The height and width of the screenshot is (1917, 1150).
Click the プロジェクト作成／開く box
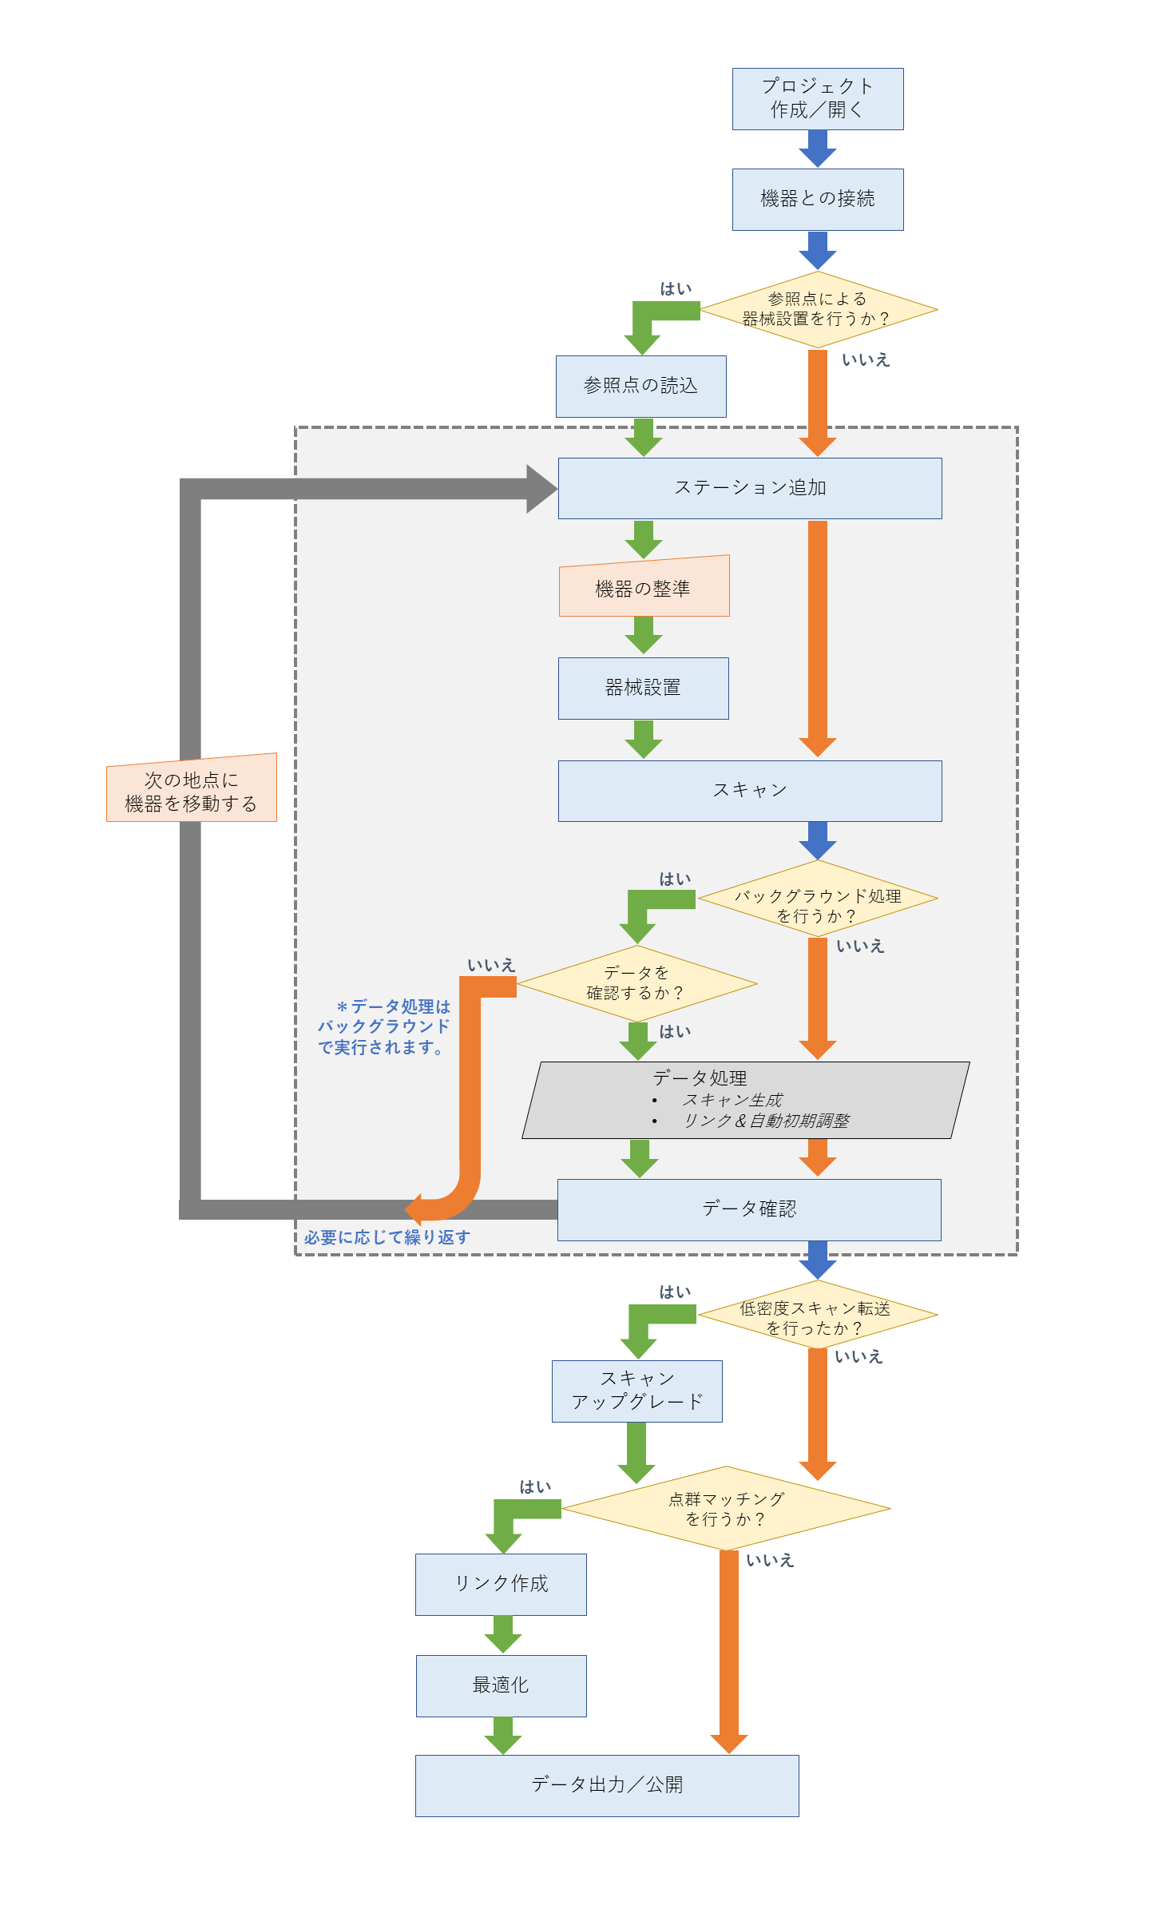[x=818, y=99]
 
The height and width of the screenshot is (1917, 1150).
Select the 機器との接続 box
[x=818, y=200]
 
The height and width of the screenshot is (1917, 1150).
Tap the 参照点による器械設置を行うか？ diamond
[x=818, y=310]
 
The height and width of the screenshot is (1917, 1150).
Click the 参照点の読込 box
[x=640, y=387]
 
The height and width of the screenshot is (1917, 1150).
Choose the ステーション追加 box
[x=749, y=488]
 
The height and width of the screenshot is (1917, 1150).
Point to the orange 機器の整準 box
[x=644, y=588]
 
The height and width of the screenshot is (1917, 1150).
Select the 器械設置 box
[x=643, y=688]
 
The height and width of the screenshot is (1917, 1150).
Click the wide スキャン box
[x=749, y=791]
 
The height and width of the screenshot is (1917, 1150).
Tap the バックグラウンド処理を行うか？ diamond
[x=818, y=899]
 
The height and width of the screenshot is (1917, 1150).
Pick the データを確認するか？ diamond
[x=636, y=983]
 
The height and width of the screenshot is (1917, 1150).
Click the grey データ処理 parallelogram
[x=746, y=1100]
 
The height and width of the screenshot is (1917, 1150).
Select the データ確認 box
[x=748, y=1209]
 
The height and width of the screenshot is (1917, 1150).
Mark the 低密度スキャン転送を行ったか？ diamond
[x=818, y=1315]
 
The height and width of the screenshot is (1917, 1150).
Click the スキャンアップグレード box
[x=636, y=1391]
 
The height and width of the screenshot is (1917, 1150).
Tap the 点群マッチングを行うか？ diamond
[x=726, y=1509]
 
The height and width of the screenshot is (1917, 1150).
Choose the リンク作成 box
[x=501, y=1584]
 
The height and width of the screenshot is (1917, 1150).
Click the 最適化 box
[x=501, y=1685]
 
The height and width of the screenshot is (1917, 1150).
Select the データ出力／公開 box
[x=606, y=1785]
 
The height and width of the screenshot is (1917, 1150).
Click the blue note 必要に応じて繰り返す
[x=387, y=1237]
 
